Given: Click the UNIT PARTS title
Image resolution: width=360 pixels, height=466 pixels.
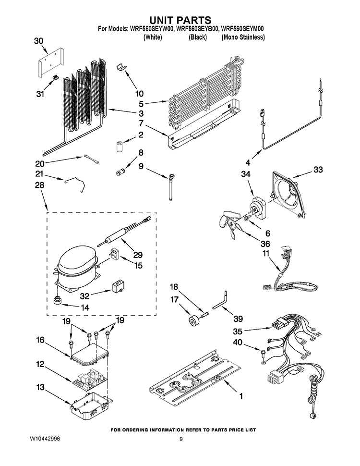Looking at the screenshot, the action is [180, 20].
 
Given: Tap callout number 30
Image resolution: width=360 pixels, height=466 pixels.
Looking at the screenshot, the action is [38, 41].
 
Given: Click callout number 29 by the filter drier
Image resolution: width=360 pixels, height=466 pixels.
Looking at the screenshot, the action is [138, 255].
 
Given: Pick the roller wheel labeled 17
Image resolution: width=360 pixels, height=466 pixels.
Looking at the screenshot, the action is [194, 322].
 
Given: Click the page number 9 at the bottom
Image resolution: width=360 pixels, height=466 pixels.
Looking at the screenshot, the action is [181, 439].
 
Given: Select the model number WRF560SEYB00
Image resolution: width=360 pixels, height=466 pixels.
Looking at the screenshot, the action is [198, 29].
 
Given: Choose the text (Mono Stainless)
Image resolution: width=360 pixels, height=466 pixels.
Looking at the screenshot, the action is [243, 37].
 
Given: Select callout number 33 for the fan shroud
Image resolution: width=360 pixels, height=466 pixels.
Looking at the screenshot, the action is [318, 170].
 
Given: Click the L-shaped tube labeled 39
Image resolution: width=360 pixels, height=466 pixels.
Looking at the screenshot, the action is [220, 301].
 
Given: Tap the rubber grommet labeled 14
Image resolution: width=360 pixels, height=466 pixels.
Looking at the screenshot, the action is [57, 300].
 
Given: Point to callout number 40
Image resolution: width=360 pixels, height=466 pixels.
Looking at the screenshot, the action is [238, 343].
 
